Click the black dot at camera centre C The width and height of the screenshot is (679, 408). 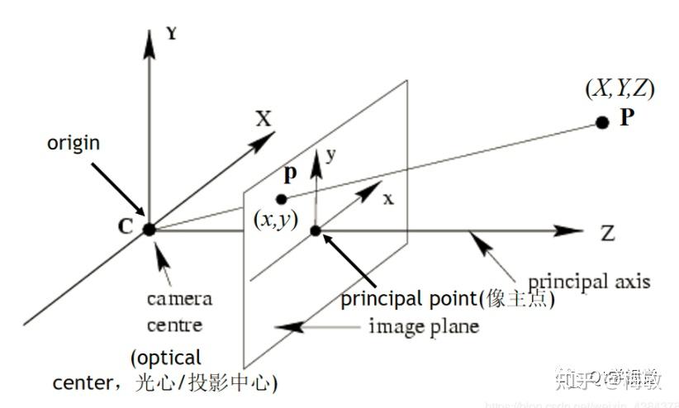coord(149,230)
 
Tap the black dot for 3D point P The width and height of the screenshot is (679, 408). coord(602,122)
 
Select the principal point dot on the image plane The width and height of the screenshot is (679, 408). coord(315,230)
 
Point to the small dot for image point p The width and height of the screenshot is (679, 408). coord(282,198)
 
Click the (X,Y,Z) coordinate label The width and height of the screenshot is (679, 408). coord(620,89)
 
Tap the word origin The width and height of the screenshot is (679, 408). coord(74,142)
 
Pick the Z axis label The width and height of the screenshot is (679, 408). coord(608,233)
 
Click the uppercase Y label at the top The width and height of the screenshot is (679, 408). coord(172,35)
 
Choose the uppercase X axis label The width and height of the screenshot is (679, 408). coord(263,118)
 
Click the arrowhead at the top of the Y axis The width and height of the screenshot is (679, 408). coord(149,45)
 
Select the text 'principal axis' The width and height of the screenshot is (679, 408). coord(589,282)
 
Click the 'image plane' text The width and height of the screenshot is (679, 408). coord(424,326)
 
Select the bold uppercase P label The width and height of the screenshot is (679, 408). coord(626,117)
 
